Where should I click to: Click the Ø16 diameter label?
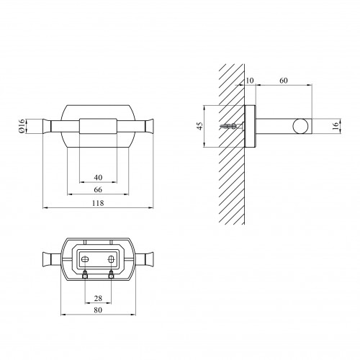pos(21,126)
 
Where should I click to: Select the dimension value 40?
pos(98,178)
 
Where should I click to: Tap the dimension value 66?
pos(98,190)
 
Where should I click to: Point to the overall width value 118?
pos(98,203)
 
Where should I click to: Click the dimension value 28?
pos(98,298)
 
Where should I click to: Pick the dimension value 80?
pos(98,310)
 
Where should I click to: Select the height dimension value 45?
pos(199,126)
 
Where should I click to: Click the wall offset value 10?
pos(250,81)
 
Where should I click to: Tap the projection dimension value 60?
pos(284,81)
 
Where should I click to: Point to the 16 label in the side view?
pos(336,126)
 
